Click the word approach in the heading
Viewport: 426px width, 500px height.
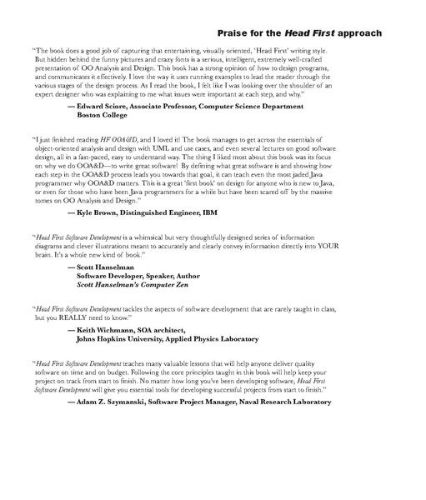pos(354,33)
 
